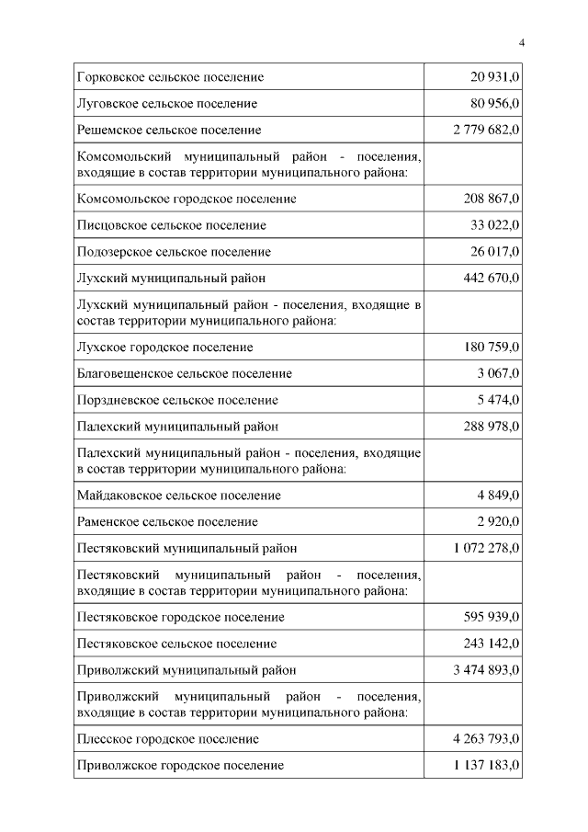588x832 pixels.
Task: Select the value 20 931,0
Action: point(495,77)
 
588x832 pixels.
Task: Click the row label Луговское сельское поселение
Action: point(168,104)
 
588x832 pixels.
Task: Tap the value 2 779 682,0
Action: point(486,131)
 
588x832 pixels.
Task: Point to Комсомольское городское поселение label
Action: point(187,199)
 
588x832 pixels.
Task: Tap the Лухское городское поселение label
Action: point(166,348)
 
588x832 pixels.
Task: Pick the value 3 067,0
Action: point(499,374)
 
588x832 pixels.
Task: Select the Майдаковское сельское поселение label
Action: point(180,496)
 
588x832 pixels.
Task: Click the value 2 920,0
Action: point(499,522)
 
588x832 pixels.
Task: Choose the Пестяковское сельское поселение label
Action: point(178,644)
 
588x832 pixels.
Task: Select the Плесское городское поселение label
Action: point(169,739)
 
